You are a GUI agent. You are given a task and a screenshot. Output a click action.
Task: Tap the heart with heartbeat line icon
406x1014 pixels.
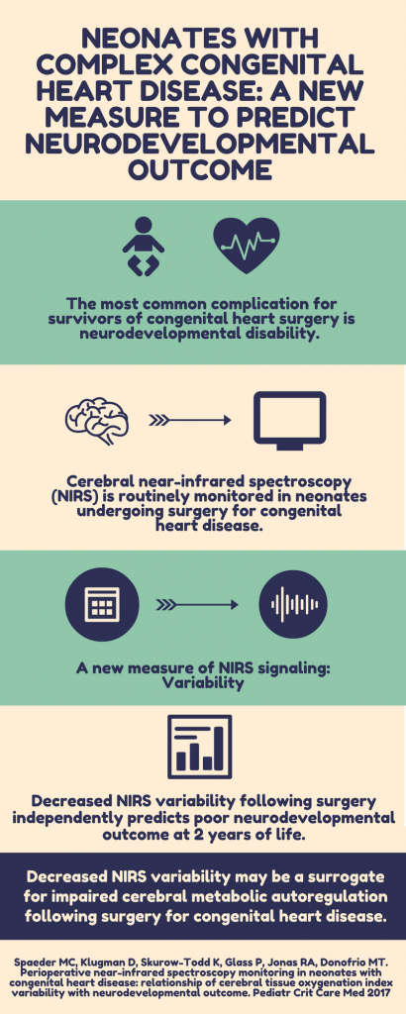tap(247, 246)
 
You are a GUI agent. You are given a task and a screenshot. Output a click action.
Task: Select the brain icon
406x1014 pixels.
tap(97, 420)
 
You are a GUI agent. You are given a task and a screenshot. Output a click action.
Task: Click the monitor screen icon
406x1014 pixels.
tap(289, 420)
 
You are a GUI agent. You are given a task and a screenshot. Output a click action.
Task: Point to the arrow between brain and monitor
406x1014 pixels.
tap(189, 420)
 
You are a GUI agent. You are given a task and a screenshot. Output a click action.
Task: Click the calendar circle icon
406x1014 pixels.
tap(101, 605)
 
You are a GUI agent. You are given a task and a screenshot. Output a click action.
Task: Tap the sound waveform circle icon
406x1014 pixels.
tap(293, 605)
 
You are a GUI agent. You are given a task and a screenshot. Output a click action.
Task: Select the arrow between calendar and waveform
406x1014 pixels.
tap(197, 605)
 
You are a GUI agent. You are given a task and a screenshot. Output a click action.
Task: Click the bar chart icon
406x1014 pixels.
tap(199, 747)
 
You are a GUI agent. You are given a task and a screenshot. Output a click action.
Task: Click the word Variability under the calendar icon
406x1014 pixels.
tap(202, 683)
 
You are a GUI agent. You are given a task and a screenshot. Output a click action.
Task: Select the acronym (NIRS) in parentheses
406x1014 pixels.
tap(67, 497)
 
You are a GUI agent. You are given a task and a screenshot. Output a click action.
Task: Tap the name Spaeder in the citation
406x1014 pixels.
tap(33, 963)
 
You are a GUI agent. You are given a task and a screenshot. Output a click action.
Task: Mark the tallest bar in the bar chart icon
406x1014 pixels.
tap(218, 749)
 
